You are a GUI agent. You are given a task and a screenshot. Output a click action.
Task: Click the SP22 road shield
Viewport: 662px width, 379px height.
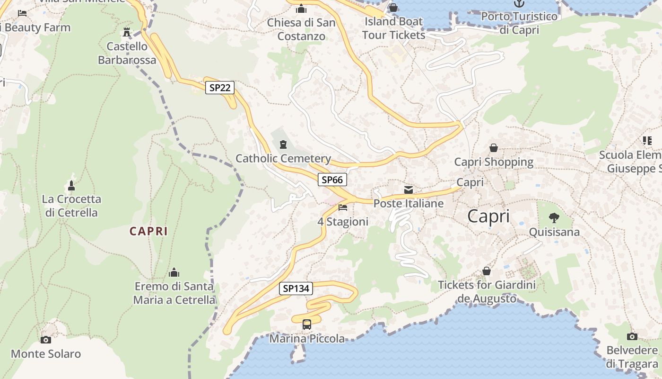click(220, 88)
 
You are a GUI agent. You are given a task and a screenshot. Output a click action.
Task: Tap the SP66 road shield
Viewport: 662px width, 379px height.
click(332, 180)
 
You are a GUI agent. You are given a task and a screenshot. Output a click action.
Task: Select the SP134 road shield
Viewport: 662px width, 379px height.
click(296, 288)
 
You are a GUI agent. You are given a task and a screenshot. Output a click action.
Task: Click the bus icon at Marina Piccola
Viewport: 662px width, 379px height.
click(307, 325)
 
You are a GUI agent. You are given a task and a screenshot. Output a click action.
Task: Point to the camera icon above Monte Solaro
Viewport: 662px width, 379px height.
click(46, 340)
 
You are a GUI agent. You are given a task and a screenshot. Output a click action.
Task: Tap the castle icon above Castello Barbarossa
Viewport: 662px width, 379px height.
click(126, 32)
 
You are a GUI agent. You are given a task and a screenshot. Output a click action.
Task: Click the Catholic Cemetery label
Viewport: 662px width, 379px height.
click(283, 158)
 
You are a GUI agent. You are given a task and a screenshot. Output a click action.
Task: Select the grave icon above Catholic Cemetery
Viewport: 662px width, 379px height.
click(283, 144)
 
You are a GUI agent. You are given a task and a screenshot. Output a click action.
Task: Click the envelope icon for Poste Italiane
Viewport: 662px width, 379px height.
click(409, 190)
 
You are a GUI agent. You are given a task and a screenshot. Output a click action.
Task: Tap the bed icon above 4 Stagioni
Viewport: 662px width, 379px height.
click(343, 208)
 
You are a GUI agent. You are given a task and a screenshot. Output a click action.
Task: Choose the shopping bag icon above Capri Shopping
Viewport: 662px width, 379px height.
click(494, 148)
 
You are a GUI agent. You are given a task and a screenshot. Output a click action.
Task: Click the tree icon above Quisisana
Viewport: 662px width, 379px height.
click(554, 218)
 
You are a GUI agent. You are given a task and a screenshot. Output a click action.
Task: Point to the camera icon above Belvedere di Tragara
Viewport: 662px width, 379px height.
click(632, 336)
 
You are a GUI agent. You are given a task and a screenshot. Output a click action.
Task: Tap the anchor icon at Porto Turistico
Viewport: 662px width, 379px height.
click(519, 3)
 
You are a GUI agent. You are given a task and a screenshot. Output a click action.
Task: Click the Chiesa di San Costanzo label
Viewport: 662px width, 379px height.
click(301, 29)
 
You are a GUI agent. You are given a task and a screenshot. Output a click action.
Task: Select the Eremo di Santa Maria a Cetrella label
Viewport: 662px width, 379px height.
click(174, 293)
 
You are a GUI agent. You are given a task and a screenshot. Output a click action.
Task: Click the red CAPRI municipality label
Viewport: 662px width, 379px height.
click(148, 231)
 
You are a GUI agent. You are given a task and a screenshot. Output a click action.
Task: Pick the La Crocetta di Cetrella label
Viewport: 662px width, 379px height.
click(71, 206)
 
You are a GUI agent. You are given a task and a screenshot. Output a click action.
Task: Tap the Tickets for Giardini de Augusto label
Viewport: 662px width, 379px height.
click(487, 291)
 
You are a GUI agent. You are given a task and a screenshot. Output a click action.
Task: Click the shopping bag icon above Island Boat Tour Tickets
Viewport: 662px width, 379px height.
click(393, 8)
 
